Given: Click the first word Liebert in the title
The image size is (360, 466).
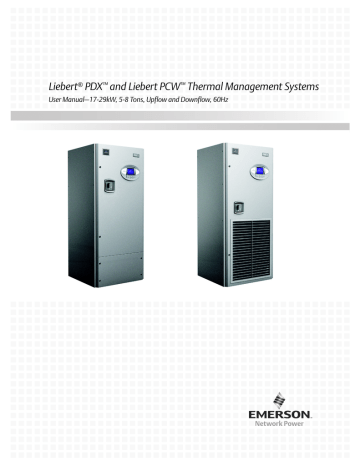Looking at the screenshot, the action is pyautogui.click(x=52, y=89).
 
